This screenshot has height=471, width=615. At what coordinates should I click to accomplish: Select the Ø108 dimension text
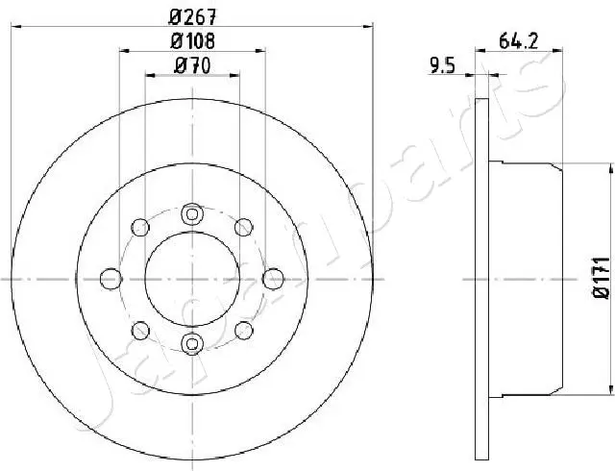(x=192, y=41)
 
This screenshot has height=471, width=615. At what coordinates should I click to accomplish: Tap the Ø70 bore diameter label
(x=192, y=66)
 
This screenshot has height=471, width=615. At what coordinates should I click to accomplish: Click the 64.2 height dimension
(x=517, y=40)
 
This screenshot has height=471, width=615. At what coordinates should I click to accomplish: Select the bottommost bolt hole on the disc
(x=192, y=343)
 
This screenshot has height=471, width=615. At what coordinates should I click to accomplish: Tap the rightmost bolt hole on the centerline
(x=272, y=278)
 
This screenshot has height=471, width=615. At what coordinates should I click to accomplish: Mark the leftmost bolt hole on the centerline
(x=111, y=278)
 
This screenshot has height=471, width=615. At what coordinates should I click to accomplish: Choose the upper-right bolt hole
(x=244, y=228)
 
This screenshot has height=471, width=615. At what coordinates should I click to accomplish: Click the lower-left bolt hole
(x=140, y=330)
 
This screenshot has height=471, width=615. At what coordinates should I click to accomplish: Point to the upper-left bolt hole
(x=140, y=228)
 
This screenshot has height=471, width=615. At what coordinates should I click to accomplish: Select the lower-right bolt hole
(x=244, y=330)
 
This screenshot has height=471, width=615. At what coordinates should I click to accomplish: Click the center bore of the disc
(x=192, y=278)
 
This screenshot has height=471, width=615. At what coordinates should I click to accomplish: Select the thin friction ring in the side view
(x=483, y=278)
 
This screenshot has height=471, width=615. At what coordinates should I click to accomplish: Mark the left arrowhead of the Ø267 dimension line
(x=14, y=27)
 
